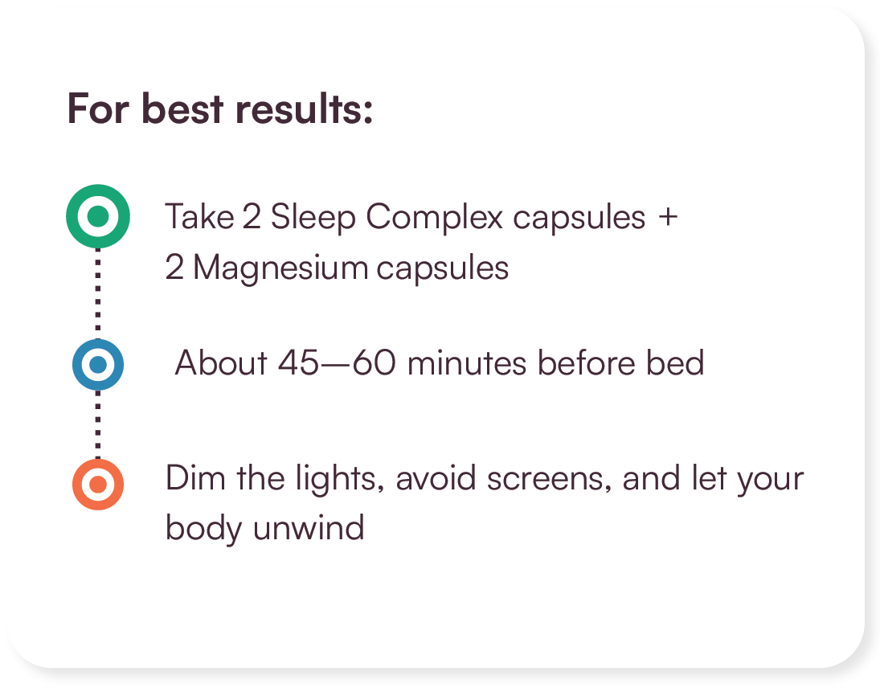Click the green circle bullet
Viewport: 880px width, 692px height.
tap(97, 216)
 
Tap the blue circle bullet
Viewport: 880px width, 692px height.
tap(97, 365)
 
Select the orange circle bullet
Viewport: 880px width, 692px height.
tap(97, 485)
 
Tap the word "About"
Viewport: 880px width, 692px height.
tap(221, 363)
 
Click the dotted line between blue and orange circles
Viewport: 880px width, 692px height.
tap(98, 424)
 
